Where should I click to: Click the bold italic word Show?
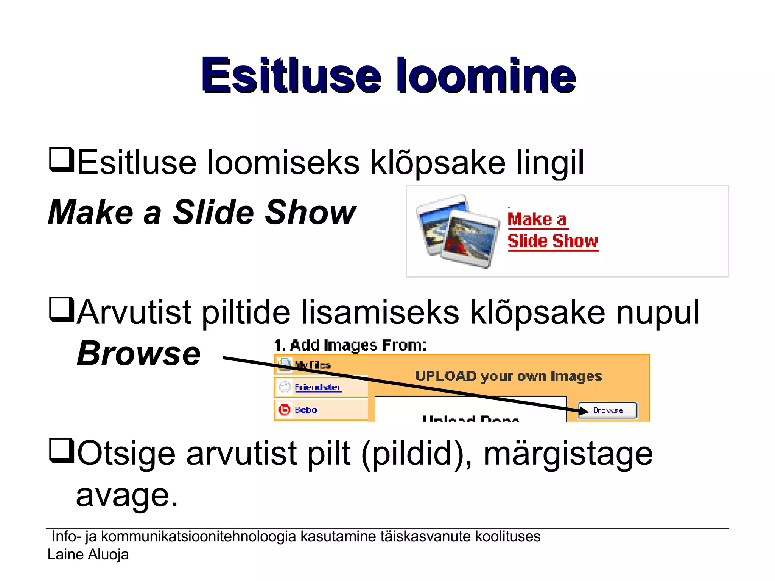coord(310,213)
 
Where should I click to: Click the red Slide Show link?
coord(552,241)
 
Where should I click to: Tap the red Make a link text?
coord(537,220)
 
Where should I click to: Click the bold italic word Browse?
coord(139,354)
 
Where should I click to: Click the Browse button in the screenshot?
coord(608,410)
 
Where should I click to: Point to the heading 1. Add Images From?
coord(350,345)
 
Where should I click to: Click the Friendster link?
coord(318,387)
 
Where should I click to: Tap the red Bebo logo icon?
coord(284,410)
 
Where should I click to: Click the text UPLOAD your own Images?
coord(508,376)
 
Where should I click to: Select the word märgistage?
coord(568,454)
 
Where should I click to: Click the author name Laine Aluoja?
coord(88,555)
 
